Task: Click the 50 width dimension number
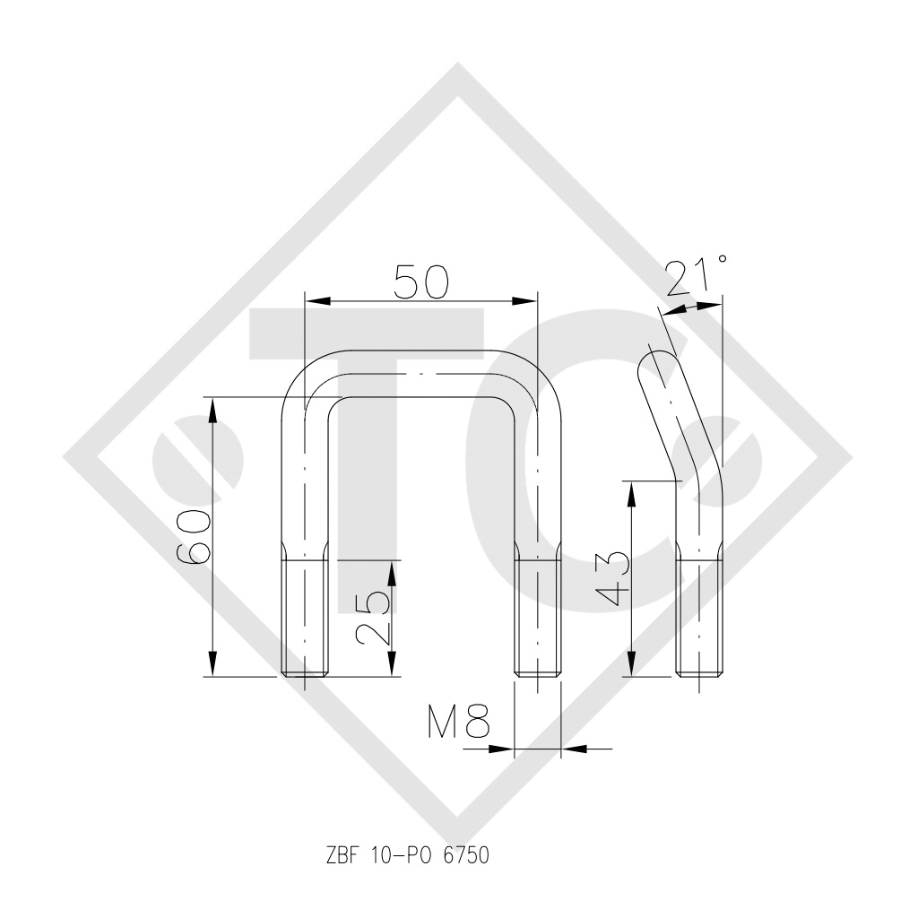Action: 421,281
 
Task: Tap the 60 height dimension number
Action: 194,536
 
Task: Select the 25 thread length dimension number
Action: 372,617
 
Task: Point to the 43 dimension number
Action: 612,578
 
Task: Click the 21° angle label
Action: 697,277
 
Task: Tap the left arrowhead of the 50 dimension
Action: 316,301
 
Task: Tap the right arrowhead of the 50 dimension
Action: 524,301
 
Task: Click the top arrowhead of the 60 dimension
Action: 212,409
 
